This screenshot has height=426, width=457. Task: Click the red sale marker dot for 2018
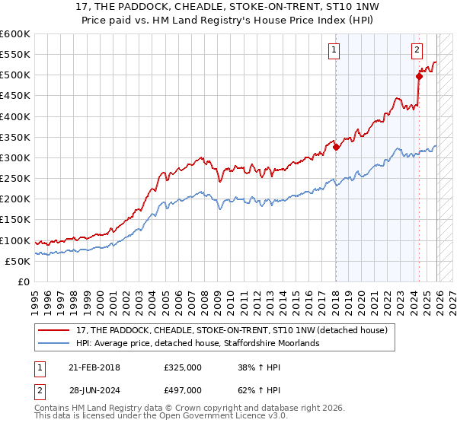336,148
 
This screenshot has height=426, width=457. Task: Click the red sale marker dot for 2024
419,76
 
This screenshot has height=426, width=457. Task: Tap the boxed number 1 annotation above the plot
334,51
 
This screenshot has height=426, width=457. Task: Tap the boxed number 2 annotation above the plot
417,51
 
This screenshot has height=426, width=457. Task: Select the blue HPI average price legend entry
198,344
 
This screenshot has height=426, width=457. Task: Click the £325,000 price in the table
183,367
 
